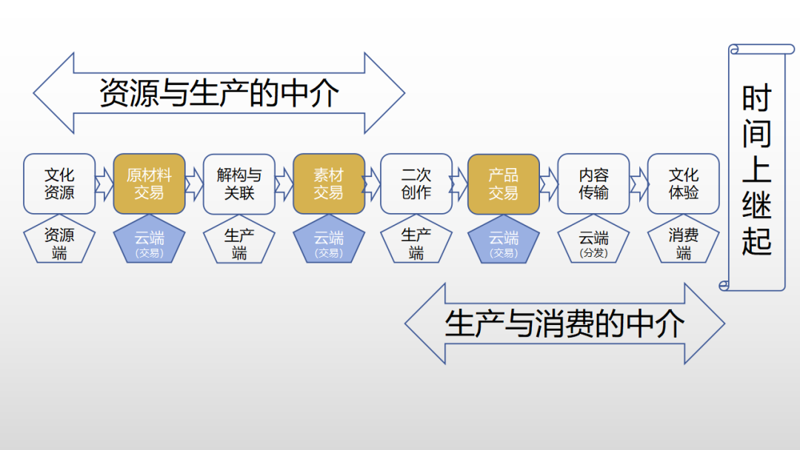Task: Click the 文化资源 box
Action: pyautogui.click(x=59, y=184)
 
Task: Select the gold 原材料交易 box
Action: pyautogui.click(x=149, y=184)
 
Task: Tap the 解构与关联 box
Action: pyautogui.click(x=239, y=184)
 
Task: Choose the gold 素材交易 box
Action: pyautogui.click(x=328, y=184)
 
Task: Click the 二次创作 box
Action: pyautogui.click(x=416, y=184)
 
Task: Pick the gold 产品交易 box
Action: pyautogui.click(x=504, y=184)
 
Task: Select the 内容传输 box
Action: pyautogui.click(x=593, y=184)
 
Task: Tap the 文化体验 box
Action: pyautogui.click(x=683, y=184)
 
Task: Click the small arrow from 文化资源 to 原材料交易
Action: pyautogui.click(x=104, y=184)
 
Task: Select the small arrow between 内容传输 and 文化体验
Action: pyautogui.click(x=639, y=184)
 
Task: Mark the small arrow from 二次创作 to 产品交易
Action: pyautogui.click(x=460, y=184)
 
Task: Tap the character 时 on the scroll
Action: pyautogui.click(x=757, y=98)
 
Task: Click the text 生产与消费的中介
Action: pyautogui.click(x=564, y=324)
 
